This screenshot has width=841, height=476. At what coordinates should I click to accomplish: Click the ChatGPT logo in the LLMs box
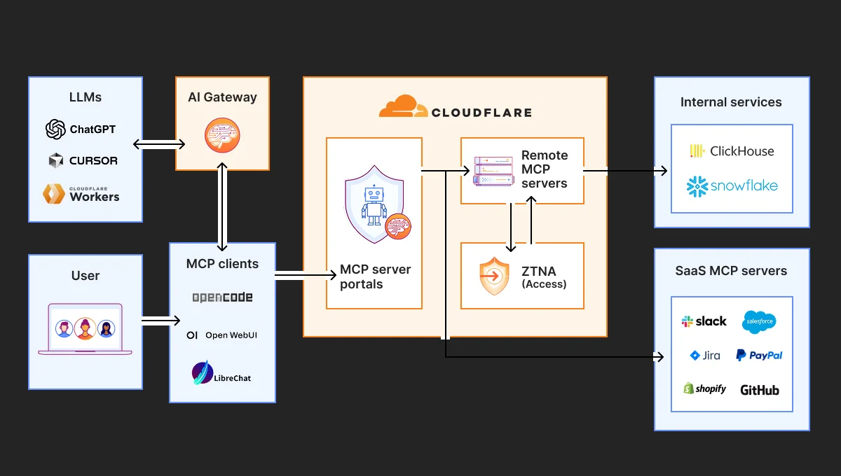[x=56, y=129]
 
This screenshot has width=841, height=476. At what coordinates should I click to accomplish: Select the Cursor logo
[x=56, y=161]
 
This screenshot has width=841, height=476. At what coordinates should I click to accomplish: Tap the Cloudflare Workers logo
[x=56, y=193]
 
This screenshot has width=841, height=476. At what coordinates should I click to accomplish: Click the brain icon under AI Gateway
[x=222, y=136]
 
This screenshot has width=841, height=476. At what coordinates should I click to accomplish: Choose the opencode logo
[x=222, y=297]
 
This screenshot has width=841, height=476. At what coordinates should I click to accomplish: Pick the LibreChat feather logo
[x=203, y=372]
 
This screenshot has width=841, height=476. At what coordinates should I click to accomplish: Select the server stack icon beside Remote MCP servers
[x=493, y=170]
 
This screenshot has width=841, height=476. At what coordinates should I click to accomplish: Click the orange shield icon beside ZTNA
[x=494, y=276]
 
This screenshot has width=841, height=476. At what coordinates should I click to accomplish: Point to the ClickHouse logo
[x=732, y=151]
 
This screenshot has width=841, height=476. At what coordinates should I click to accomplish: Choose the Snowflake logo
[x=732, y=186]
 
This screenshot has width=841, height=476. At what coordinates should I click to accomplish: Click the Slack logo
[x=704, y=321]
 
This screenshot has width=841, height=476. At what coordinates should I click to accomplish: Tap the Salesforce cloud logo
[x=759, y=321]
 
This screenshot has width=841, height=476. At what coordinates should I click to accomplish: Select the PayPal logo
[x=759, y=356]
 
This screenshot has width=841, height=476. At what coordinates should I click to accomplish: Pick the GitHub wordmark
[x=760, y=390]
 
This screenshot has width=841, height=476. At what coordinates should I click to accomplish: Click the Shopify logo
[x=704, y=389]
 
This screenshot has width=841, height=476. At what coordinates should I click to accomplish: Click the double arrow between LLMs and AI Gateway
[x=159, y=144]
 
